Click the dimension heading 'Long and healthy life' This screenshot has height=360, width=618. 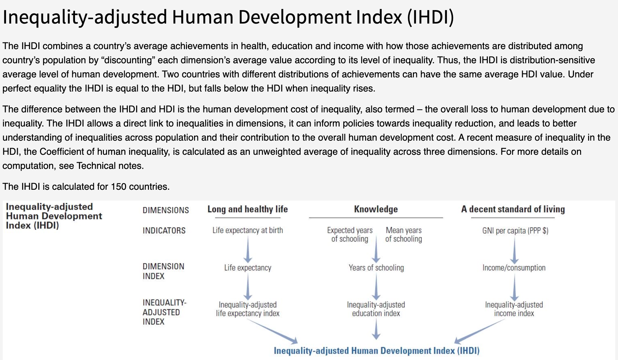(x=247, y=209)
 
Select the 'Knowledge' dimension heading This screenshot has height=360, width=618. (x=376, y=209)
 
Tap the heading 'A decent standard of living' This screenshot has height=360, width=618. (x=513, y=209)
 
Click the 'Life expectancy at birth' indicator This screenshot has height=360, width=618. (x=248, y=230)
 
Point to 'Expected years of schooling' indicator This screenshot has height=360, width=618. (x=350, y=235)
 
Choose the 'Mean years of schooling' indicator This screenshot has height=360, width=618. (x=403, y=235)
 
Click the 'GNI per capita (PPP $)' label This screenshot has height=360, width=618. (x=515, y=231)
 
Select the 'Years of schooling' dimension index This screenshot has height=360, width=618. (x=376, y=268)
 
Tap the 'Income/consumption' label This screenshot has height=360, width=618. (x=514, y=268)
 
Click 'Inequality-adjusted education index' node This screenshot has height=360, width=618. (x=376, y=309)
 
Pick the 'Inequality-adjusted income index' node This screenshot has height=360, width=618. (x=514, y=309)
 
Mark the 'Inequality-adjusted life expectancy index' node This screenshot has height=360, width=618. (x=248, y=309)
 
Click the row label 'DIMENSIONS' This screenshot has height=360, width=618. (x=166, y=210)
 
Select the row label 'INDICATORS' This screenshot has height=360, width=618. (x=164, y=231)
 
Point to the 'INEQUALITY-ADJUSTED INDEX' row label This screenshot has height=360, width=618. (x=164, y=312)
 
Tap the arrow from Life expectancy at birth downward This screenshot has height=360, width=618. (x=248, y=249)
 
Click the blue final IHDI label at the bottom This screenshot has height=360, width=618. (x=377, y=351)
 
